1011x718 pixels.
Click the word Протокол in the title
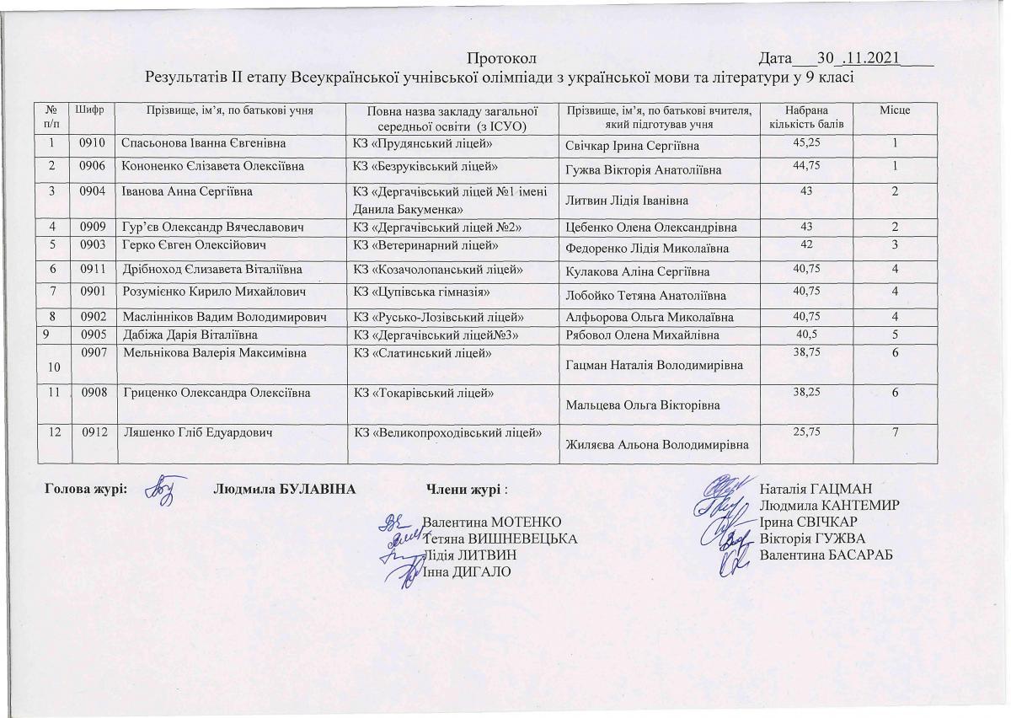click(501, 59)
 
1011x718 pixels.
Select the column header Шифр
click(90, 110)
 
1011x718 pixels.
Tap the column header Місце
click(895, 110)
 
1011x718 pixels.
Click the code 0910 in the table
click(91, 144)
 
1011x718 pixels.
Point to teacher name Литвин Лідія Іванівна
click(628, 200)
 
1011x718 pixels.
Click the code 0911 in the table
click(91, 269)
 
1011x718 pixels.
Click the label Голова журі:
click(85, 489)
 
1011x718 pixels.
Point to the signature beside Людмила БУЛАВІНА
click(162, 490)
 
